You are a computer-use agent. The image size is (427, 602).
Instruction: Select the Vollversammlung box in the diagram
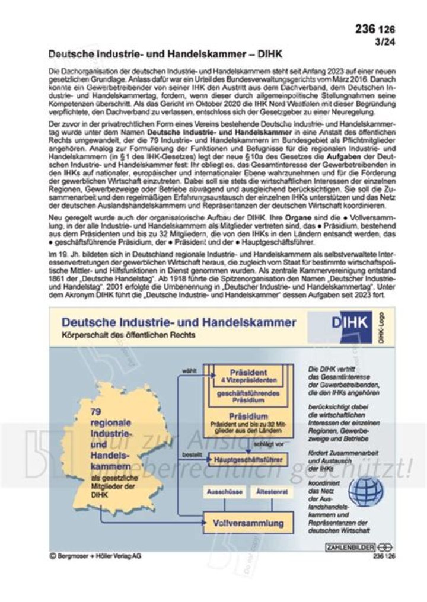click(248, 523)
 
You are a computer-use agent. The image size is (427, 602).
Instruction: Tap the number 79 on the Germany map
click(98, 411)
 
